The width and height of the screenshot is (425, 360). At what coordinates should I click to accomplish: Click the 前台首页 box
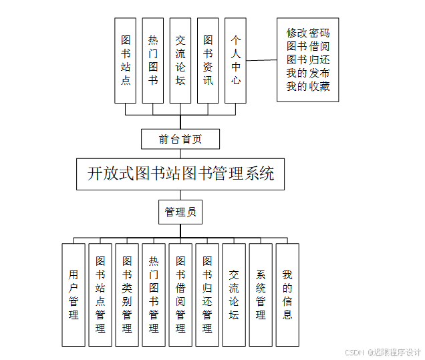point(180,139)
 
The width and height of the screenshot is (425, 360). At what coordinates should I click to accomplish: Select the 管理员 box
point(180,212)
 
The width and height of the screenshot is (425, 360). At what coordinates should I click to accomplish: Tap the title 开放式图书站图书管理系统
point(180,174)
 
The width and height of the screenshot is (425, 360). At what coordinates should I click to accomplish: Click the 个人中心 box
point(235,60)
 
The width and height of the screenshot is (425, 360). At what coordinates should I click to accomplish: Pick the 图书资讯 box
point(208,60)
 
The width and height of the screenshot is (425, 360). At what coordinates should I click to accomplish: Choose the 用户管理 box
point(74,295)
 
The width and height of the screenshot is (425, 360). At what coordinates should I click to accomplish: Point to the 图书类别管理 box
point(127,295)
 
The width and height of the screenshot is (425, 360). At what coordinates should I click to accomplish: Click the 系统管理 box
point(261,295)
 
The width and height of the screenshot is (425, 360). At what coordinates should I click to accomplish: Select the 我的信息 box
point(287,295)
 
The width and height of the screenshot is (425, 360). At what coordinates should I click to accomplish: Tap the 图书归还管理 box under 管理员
point(207,295)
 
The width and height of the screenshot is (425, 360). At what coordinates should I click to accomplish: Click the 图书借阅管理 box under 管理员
point(180,295)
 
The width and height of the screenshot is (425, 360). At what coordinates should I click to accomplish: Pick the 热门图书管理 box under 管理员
point(154,295)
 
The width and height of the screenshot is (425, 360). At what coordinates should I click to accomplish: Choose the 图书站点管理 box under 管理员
point(100,295)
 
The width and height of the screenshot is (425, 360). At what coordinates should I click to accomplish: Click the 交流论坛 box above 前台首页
point(180,60)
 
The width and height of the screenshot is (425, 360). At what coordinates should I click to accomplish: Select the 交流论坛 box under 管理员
point(234,295)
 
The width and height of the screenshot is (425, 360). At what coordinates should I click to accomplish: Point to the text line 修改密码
point(307,33)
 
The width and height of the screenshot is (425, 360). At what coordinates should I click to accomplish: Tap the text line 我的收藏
point(307,86)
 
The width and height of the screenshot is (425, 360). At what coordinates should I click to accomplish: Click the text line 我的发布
point(307,73)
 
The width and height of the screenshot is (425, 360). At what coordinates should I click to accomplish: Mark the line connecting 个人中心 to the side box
point(261,60)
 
